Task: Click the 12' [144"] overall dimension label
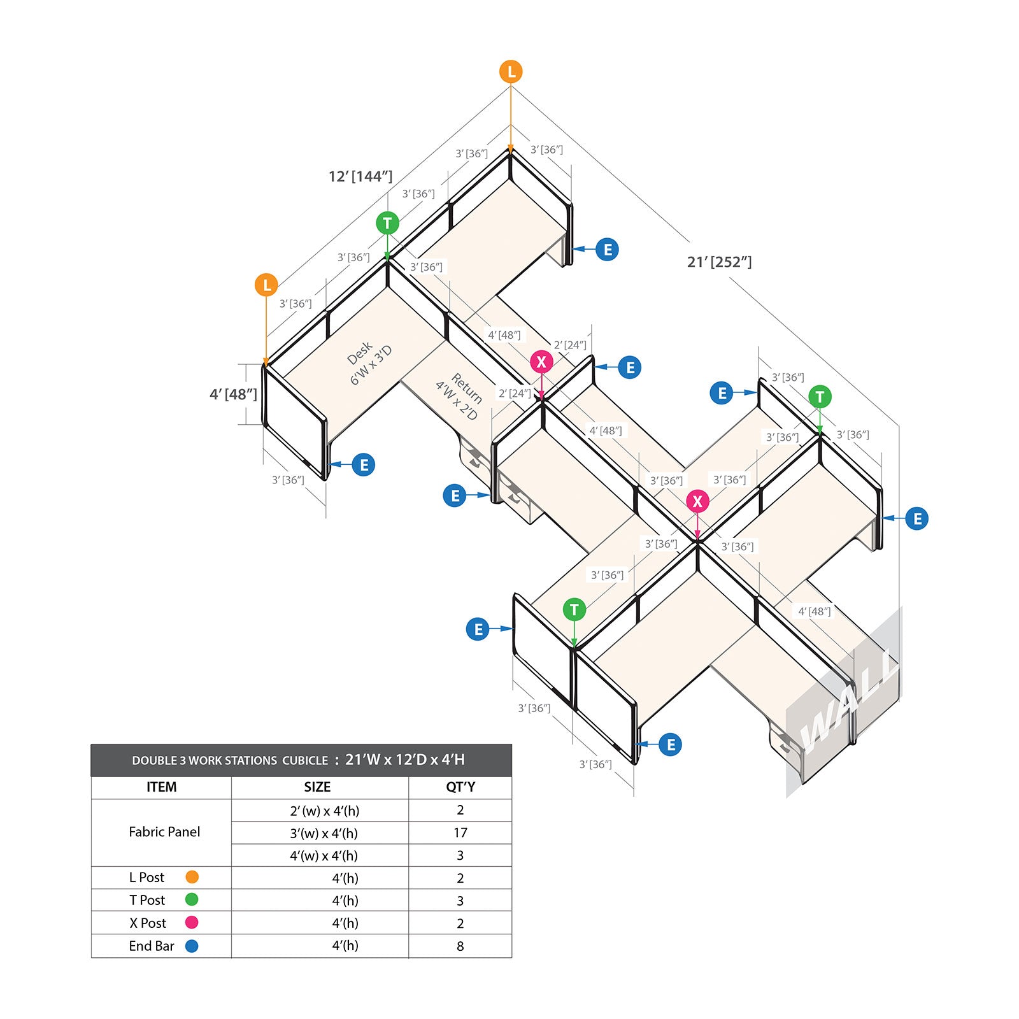point(360,176)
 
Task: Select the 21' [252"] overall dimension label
point(720,262)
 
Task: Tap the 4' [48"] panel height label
point(234,394)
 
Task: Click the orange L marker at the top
point(511,72)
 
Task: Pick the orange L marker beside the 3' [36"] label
point(266,285)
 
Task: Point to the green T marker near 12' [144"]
point(387,223)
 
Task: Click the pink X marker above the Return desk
point(541,362)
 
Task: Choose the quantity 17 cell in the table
point(460,832)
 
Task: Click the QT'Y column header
point(460,787)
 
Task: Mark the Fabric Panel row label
point(164,832)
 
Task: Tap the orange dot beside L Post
point(192,877)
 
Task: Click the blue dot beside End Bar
point(192,946)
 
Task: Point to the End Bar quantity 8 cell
point(460,946)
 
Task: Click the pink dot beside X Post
point(192,922)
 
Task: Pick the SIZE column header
point(317,787)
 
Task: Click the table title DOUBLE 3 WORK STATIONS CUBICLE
point(230,760)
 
